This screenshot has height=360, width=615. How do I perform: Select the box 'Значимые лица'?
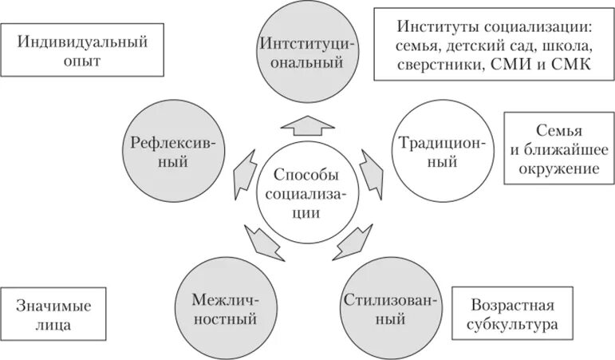(53, 315)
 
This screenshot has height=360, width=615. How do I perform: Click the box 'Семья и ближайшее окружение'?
(558, 149)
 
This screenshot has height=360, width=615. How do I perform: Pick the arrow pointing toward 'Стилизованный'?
(348, 239)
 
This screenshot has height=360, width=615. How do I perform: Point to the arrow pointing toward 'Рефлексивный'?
(242, 171)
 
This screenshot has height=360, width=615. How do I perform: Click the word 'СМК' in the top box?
(571, 65)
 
